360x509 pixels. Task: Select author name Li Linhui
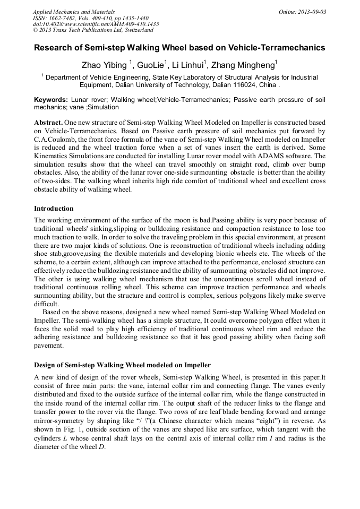pyautogui.click(x=190, y=66)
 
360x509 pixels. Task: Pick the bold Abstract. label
pyautogui.click(x=48, y=122)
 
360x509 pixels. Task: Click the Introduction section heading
pyautogui.click(x=54, y=209)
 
